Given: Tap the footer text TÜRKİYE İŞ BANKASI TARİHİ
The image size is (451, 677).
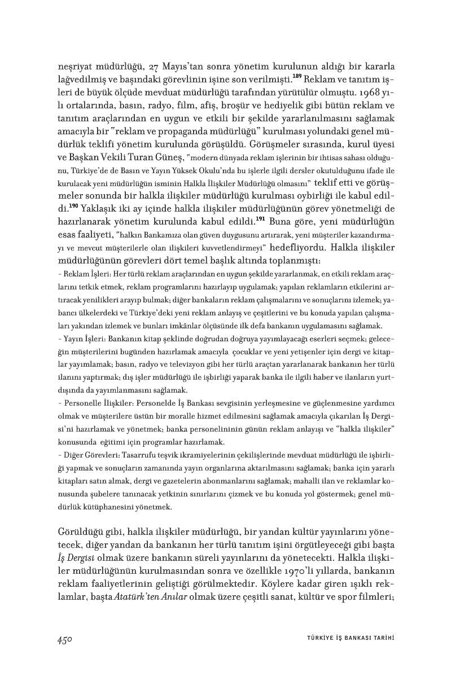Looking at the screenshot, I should [346, 638].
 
